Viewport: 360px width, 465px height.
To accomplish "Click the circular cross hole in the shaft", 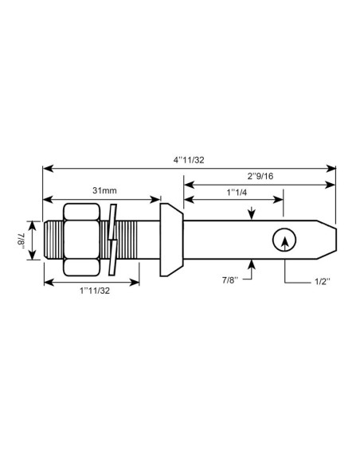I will coord(283,240).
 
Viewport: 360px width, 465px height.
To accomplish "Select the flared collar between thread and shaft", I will coord(170,239).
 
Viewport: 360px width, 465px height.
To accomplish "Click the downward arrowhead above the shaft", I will coord(252,213).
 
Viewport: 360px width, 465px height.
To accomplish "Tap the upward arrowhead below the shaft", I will coord(252,264).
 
